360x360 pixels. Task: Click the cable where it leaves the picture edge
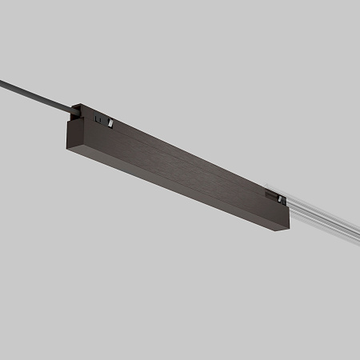click(x=2, y=80)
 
